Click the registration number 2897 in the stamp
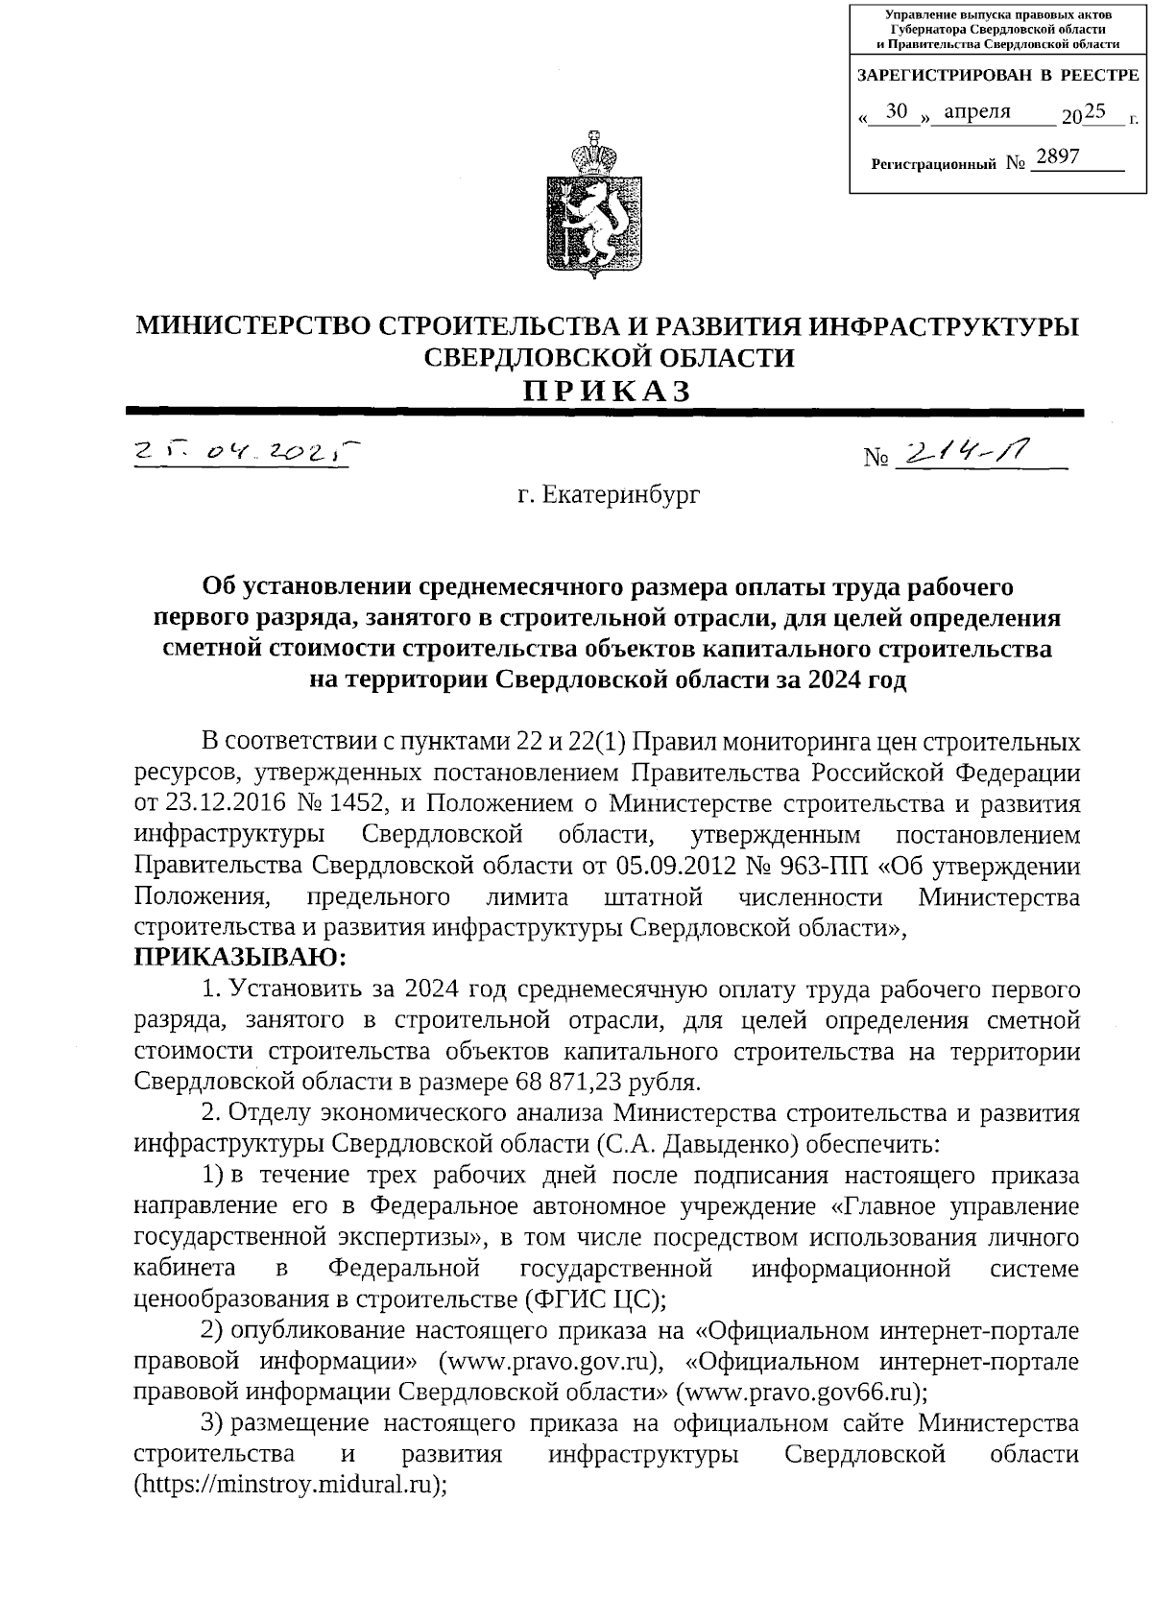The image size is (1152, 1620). click(1057, 155)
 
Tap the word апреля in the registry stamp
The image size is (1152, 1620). click(977, 111)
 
